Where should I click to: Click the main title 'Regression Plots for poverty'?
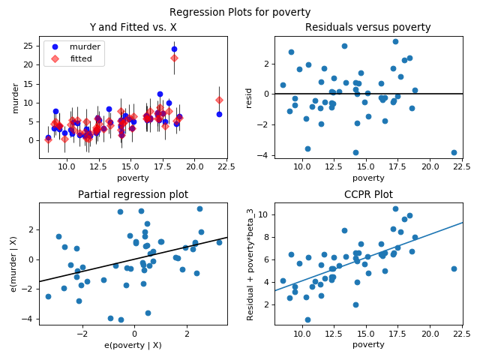240,12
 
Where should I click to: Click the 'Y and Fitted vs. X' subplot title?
133,28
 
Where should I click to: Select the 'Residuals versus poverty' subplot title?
367,28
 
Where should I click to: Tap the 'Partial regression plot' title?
133,195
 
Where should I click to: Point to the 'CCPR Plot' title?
367,195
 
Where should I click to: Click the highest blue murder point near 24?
174,49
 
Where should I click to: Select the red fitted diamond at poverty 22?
219,100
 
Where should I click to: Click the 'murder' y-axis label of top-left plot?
16,97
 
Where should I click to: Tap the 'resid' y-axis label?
250,97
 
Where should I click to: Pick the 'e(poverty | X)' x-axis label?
133,345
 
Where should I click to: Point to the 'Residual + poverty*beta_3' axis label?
251,264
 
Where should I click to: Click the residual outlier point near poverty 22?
454,152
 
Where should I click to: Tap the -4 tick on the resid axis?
265,155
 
